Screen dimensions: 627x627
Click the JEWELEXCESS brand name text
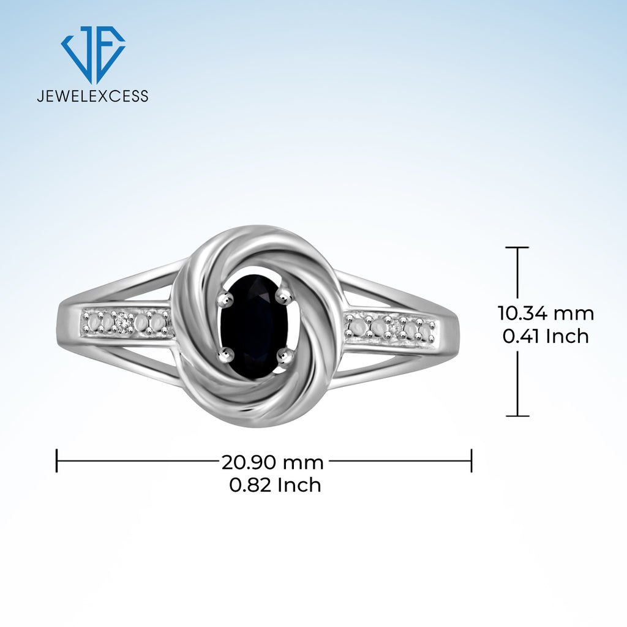coord(93,96)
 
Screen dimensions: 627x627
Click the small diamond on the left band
coord(124,323)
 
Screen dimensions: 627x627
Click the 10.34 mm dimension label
coord(546,313)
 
